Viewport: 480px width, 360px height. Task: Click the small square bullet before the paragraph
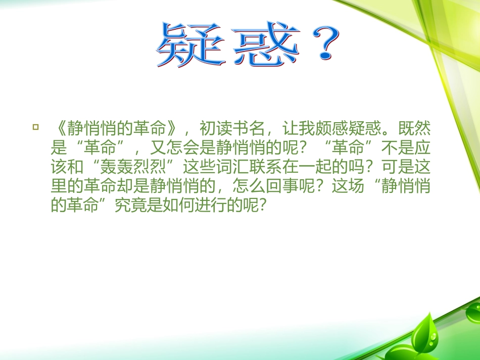[35, 126]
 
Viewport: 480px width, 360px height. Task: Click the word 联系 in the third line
[272, 167]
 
